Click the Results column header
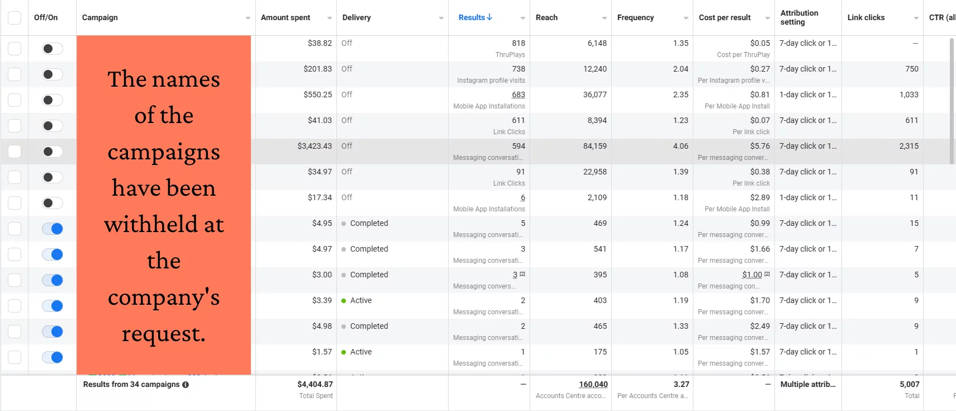click(x=472, y=17)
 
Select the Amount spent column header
click(x=286, y=17)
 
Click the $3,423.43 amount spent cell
click(x=315, y=146)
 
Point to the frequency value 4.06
click(x=681, y=146)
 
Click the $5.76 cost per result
click(x=760, y=146)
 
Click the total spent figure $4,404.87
click(x=315, y=384)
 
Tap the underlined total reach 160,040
click(x=593, y=384)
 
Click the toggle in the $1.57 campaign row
click(x=53, y=357)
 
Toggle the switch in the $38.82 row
click(x=53, y=49)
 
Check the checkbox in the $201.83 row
click(x=15, y=74)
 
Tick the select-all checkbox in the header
click(x=15, y=17)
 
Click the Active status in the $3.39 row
click(x=360, y=300)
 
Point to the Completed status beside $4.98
click(x=369, y=326)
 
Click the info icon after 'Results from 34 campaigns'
click(x=186, y=385)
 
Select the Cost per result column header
click(x=725, y=17)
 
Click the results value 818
click(x=519, y=43)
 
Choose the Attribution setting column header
click(x=799, y=17)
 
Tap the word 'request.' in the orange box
click(x=164, y=334)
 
